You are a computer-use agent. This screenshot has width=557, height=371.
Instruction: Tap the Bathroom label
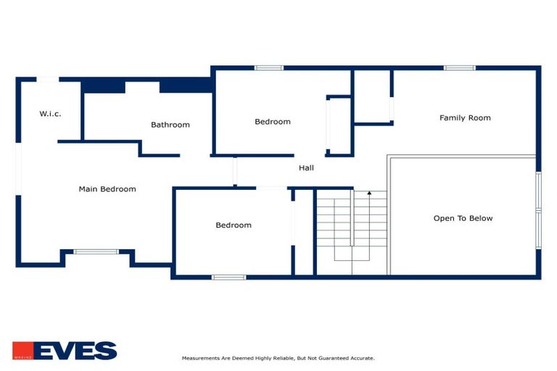tap(170, 125)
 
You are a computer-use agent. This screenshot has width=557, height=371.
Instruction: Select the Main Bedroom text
tap(107, 189)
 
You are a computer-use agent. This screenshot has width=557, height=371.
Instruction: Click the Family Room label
tap(465, 117)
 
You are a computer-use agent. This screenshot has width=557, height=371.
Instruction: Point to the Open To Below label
tap(463, 218)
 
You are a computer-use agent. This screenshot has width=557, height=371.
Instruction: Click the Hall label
tap(306, 168)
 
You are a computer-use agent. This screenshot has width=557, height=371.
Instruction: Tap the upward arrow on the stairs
tap(369, 194)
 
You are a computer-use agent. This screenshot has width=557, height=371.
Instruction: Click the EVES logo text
tap(75, 351)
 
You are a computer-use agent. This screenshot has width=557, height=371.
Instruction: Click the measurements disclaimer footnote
tap(278, 358)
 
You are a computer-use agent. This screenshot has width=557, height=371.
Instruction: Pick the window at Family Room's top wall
tap(459, 68)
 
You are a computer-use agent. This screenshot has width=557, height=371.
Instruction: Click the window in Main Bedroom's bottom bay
tap(96, 251)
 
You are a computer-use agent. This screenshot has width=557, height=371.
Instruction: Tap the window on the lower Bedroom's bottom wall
tap(228, 277)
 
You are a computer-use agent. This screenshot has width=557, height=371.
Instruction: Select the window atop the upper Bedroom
tap(268, 68)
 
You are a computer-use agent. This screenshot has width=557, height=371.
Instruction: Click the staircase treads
tap(352, 225)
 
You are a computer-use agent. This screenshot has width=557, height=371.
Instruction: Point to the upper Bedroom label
tap(272, 122)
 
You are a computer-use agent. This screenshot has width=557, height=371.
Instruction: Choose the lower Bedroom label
tap(234, 225)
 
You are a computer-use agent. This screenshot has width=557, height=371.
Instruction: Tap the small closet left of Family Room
tap(372, 96)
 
